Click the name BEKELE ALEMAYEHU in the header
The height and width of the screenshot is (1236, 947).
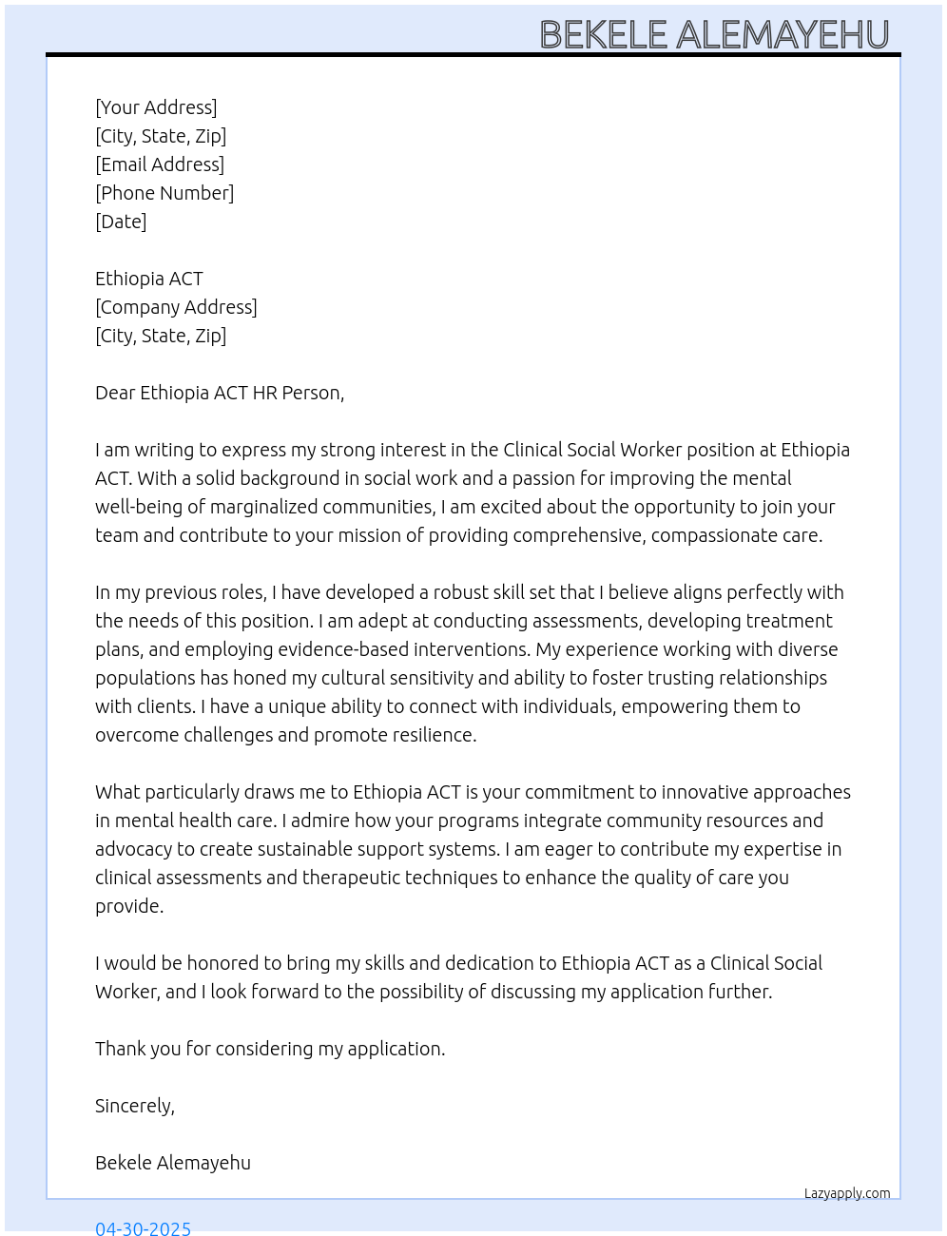point(714,35)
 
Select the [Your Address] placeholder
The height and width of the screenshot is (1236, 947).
point(156,107)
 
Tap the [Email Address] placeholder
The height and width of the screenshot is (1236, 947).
point(160,164)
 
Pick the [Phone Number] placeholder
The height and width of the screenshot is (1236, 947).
point(164,193)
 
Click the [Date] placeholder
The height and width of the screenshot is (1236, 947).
point(121,222)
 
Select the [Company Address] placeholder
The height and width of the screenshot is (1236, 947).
point(176,307)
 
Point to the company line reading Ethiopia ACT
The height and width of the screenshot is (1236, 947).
point(149,279)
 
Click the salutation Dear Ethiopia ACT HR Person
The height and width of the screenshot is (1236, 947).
point(220,393)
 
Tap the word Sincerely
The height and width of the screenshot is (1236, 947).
point(134,1106)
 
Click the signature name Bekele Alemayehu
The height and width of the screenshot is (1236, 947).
point(173,1163)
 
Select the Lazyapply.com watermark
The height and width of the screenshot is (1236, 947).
point(847,1193)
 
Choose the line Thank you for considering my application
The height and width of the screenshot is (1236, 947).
point(270,1049)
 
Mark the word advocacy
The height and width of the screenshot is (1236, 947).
point(133,849)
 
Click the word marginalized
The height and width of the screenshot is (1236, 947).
point(266,507)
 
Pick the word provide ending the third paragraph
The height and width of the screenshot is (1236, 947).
point(128,906)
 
